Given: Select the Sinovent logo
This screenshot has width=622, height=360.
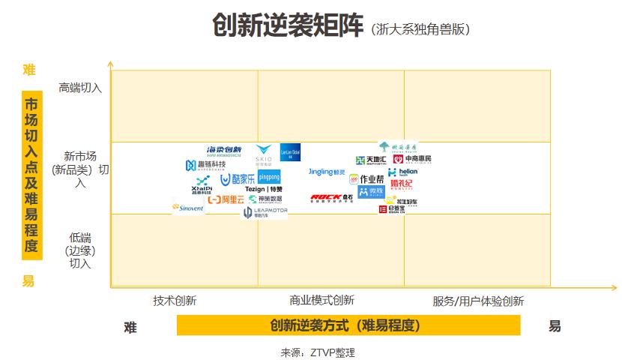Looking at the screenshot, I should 187,207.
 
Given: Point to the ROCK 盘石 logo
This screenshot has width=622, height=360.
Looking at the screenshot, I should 331,198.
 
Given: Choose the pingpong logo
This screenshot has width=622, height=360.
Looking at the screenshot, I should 269,177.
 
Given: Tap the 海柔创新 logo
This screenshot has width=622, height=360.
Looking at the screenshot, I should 224,150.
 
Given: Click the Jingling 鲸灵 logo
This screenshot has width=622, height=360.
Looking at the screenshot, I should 327,172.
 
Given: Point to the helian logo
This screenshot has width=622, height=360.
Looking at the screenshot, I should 402,172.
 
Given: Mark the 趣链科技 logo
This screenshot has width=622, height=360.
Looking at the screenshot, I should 205,165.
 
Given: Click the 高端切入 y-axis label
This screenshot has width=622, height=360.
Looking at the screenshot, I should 80,88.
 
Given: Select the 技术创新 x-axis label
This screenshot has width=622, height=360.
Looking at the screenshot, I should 175,301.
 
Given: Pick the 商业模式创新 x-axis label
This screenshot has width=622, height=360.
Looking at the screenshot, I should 321,301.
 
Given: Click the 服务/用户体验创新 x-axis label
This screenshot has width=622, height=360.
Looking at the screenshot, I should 478,301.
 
